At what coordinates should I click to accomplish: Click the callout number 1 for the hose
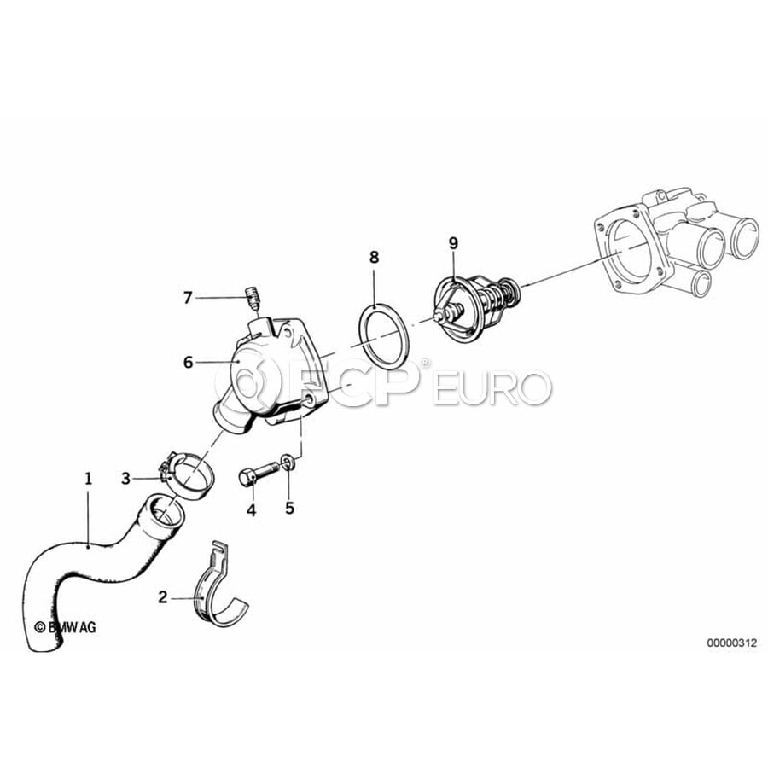88,478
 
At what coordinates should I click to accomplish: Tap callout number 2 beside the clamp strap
163,597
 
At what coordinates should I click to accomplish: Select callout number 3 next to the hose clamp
126,479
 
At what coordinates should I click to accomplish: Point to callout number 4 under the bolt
251,510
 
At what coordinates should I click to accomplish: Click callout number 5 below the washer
289,508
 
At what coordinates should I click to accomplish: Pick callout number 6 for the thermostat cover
188,363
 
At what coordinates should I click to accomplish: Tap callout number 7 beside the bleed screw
188,297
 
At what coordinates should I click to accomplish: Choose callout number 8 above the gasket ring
375,257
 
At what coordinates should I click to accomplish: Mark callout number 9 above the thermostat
453,243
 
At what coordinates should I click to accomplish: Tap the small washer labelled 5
288,462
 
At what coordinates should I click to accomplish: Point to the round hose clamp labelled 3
186,474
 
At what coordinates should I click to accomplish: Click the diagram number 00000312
731,643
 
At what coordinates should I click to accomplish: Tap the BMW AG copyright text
65,627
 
